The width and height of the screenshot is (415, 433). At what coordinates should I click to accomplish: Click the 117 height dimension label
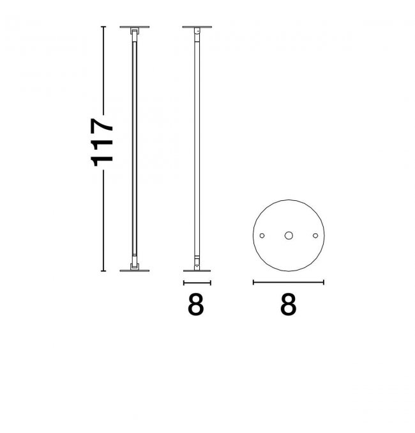pos(102,143)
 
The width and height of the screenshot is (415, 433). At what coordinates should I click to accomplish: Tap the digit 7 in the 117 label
pos(102,127)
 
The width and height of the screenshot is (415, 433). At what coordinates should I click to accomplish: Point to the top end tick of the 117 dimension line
pos(103,27)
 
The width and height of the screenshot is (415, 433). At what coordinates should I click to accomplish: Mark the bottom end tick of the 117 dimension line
pos(103,271)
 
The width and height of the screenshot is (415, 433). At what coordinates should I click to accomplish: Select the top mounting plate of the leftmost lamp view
pos(135,27)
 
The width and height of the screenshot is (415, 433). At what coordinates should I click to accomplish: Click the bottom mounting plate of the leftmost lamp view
pos(135,271)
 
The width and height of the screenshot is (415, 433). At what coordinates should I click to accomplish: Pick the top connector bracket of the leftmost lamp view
pos(135,31)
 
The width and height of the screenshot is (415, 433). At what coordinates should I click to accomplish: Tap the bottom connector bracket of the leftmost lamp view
pos(135,266)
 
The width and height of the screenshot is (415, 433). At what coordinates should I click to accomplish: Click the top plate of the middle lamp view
pos(197,27)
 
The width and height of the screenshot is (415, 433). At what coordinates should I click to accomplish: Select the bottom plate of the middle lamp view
pos(197,271)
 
